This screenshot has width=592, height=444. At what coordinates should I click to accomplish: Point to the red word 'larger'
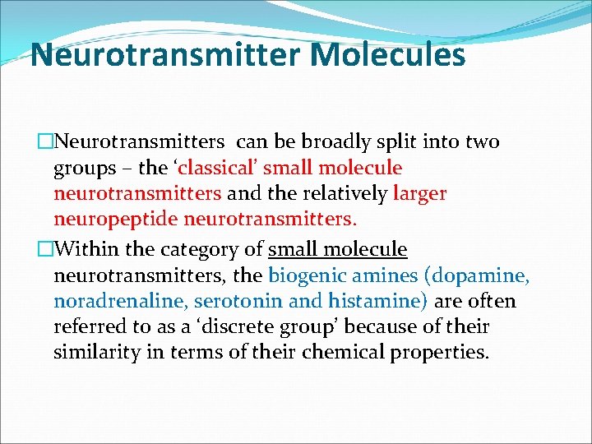pos(419,194)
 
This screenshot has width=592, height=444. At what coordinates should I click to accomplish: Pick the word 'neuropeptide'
pos(116,220)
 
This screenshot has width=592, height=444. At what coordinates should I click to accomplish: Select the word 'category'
pos(209,248)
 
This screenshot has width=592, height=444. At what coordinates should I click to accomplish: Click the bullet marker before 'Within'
pos(45,248)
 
